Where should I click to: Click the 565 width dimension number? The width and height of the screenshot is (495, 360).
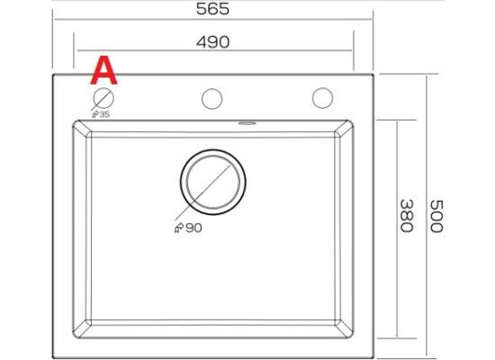(x=212, y=9)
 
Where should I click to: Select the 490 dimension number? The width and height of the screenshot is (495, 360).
(x=212, y=42)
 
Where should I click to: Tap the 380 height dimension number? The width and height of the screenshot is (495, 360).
(x=406, y=216)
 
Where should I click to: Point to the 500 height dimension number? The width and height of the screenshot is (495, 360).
(x=436, y=216)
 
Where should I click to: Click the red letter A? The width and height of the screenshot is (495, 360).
(x=103, y=70)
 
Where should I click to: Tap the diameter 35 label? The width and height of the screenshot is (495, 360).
(x=101, y=114)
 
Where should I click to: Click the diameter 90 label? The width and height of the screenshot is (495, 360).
(x=188, y=228)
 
